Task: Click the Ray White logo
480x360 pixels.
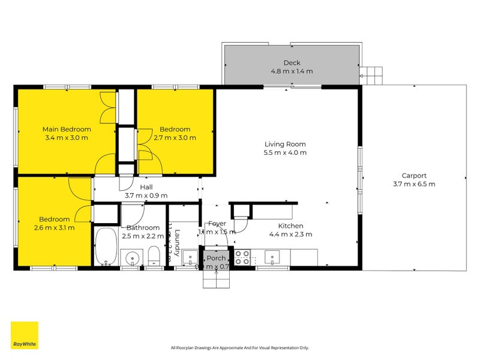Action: pyautogui.click(x=25, y=335)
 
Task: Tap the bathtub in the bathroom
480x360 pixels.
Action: pyautogui.click(x=106, y=247)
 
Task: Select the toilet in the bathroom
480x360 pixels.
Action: pyautogui.click(x=154, y=256)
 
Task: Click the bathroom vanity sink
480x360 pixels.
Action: pyautogui.click(x=132, y=257)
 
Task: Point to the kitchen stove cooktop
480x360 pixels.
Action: pyautogui.click(x=242, y=257)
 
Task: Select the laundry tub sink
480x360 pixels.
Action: pyautogui.click(x=189, y=258)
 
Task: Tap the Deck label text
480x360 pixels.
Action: pyautogui.click(x=292, y=62)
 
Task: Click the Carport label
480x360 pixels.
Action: pyautogui.click(x=414, y=175)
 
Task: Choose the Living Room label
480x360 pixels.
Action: pyautogui.click(x=285, y=144)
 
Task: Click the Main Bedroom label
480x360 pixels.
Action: pyautogui.click(x=66, y=129)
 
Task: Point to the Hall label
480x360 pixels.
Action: pyautogui.click(x=146, y=187)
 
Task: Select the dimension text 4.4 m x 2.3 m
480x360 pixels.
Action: pyautogui.click(x=290, y=235)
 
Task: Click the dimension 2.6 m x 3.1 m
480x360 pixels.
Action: pyautogui.click(x=54, y=227)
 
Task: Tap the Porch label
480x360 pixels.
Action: pyautogui.click(x=215, y=258)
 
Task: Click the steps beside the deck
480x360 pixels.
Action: pyautogui.click(x=373, y=74)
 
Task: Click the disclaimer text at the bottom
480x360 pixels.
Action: pyautogui.click(x=239, y=347)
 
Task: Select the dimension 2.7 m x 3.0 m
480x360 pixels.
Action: pyautogui.click(x=175, y=137)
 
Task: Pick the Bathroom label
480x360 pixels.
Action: pyautogui.click(x=143, y=227)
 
